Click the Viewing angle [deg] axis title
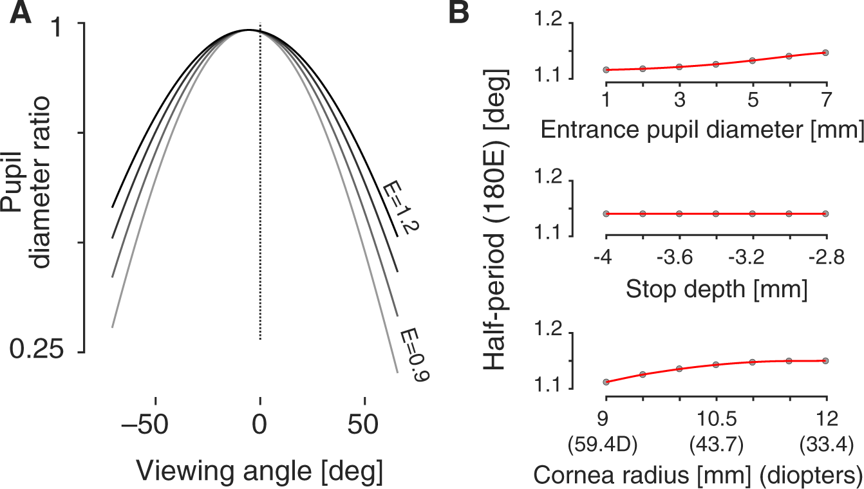click(259, 472)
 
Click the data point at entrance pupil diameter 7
click(825, 53)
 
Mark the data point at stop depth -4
click(605, 214)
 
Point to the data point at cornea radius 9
click(605, 382)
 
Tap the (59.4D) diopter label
click(605, 443)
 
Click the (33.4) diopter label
click(825, 443)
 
